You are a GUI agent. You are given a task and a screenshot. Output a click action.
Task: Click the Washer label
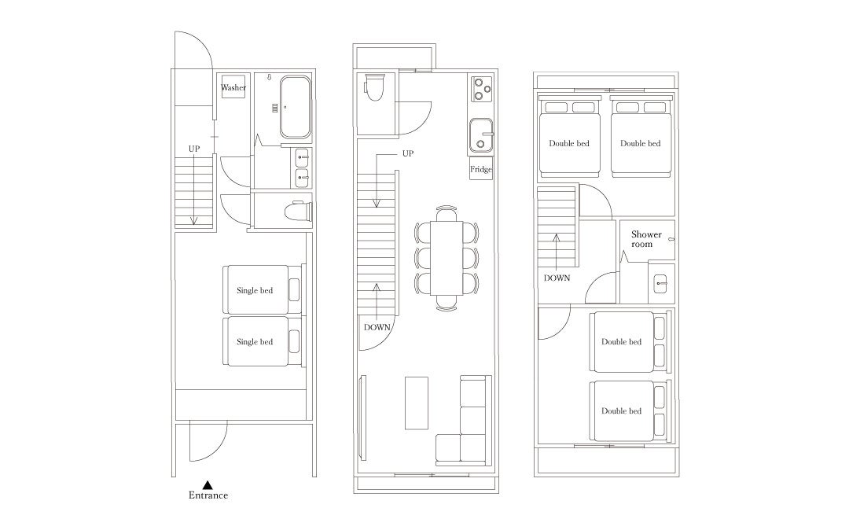pyautogui.click(x=233, y=87)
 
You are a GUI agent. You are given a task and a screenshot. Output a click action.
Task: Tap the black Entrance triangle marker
pyautogui.click(x=208, y=485)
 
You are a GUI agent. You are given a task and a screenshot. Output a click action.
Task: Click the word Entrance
pyautogui.click(x=208, y=495)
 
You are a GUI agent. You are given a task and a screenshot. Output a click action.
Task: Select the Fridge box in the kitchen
pyautogui.click(x=481, y=169)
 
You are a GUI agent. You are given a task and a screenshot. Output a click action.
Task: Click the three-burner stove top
pyautogui.click(x=481, y=90)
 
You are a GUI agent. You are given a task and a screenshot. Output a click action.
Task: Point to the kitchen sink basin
pyautogui.click(x=481, y=135)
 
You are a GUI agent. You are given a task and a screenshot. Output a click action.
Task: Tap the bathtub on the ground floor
pyautogui.click(x=296, y=107)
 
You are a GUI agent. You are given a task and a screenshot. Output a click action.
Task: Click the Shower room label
pyautogui.click(x=646, y=239)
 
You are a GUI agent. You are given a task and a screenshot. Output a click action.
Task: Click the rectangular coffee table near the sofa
pyautogui.click(x=417, y=403)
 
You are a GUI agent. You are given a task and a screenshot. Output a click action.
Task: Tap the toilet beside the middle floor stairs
pyautogui.click(x=375, y=88)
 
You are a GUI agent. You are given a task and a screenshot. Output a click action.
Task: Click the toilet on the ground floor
pyautogui.click(x=299, y=211)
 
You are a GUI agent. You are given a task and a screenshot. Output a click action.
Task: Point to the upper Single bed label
pyautogui.click(x=255, y=290)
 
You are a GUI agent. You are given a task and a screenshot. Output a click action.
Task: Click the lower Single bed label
pyautogui.click(x=255, y=341)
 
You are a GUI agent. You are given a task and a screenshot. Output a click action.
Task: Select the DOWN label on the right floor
pyautogui.click(x=557, y=278)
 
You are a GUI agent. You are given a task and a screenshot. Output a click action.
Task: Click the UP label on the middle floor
pyautogui.click(x=408, y=153)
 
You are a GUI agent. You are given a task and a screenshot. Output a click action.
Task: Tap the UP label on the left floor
pyautogui.click(x=194, y=149)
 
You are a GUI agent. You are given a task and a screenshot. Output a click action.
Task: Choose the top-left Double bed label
pyautogui.click(x=569, y=143)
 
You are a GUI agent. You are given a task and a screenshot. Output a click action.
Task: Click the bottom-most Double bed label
pyautogui.click(x=621, y=411)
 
